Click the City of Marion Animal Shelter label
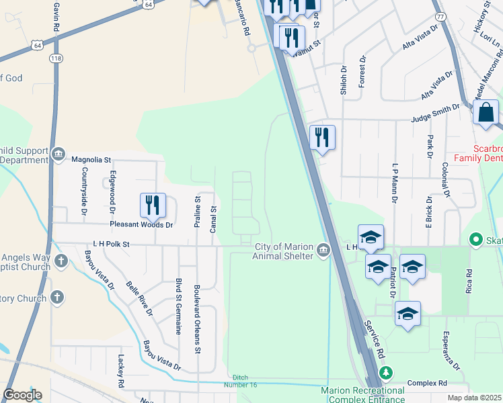coord(283,251)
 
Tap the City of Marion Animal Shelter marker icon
coord(323,251)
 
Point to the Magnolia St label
coord(91,160)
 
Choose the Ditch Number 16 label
coord(245,381)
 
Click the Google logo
coord(22,395)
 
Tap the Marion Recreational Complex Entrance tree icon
coord(386,373)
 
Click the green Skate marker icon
coord(476,239)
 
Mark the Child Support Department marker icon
coord(59,154)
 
